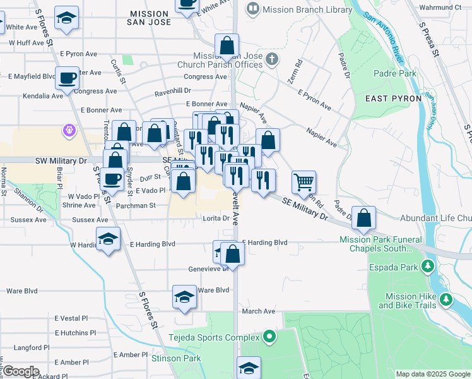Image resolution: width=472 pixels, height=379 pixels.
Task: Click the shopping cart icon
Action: [x=304, y=183]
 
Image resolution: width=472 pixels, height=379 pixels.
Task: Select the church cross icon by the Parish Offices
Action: [x=272, y=59]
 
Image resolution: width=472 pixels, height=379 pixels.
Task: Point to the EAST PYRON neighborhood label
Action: [x=388, y=99]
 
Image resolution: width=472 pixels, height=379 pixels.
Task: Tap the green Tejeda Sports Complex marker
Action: [x=270, y=337]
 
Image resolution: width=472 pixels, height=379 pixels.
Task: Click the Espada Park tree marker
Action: [x=428, y=266]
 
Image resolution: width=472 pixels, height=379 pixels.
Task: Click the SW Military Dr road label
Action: [x=61, y=160]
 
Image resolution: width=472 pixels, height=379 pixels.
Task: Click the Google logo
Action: [x=21, y=371]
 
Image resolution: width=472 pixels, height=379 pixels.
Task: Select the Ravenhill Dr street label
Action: [x=174, y=91]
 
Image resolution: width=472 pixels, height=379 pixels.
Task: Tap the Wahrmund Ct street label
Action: [x=440, y=7]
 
